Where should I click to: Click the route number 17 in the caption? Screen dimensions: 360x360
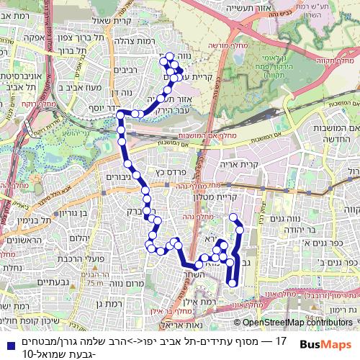click(x=282, y=339)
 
